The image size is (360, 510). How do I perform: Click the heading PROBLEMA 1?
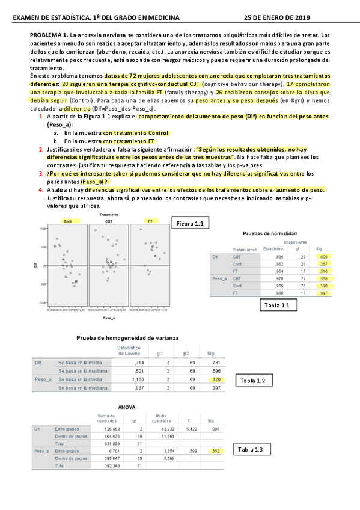click(x=49, y=36)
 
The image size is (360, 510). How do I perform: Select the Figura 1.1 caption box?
click(x=191, y=224)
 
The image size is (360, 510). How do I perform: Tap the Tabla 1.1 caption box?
click(x=277, y=306)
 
